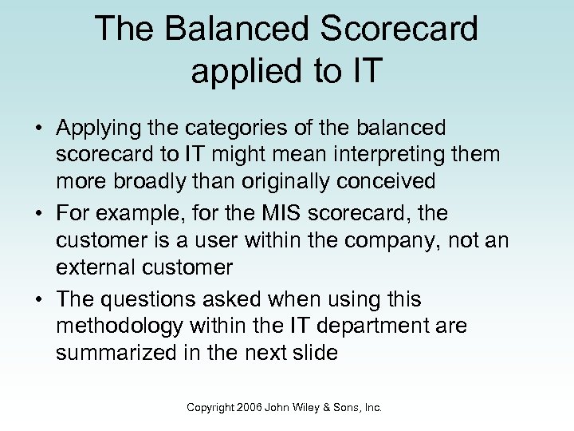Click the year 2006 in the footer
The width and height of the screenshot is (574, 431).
pyautogui.click(x=252, y=408)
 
